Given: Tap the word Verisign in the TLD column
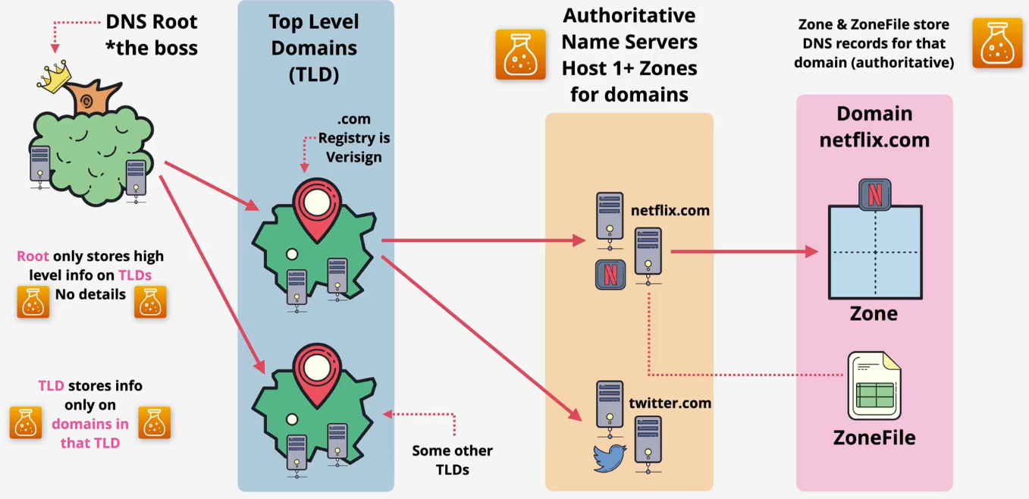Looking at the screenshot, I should (354, 157).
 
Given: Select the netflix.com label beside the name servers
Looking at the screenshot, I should (670, 210).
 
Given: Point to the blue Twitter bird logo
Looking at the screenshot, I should (610, 458).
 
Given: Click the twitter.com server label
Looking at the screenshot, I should (670, 403).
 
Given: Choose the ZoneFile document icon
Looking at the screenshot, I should (874, 384).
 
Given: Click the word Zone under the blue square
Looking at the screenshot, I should (874, 313).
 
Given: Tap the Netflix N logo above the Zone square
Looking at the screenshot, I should (874, 194).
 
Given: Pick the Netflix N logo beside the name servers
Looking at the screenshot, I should (610, 275).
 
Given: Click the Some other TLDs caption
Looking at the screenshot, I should (452, 460).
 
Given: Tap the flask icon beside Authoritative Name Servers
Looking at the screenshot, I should (520, 54).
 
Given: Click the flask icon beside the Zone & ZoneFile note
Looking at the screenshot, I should (997, 44).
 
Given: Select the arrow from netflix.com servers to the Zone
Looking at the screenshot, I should (743, 251).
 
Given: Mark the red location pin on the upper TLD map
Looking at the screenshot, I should (316, 206).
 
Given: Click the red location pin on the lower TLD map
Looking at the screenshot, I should (316, 372).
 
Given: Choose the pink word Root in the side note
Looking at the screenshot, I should (33, 256).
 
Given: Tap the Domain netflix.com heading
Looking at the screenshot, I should (874, 126).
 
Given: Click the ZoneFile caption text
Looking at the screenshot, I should (874, 438).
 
